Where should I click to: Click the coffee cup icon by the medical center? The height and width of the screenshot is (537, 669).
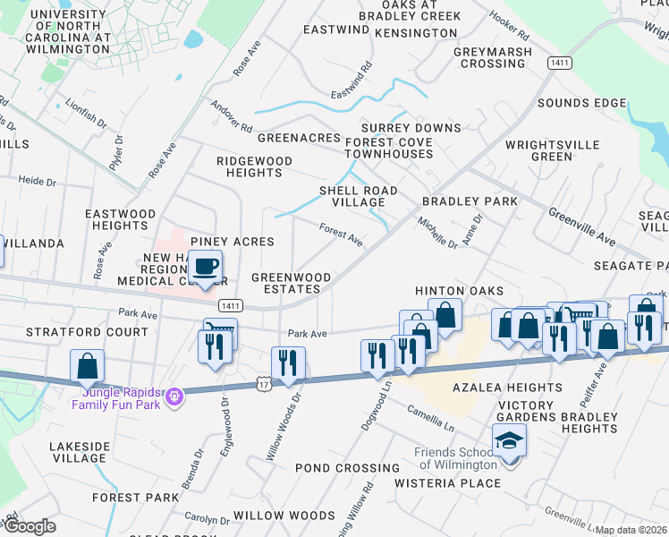[206, 267]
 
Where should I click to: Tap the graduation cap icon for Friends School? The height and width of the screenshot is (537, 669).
[509, 441]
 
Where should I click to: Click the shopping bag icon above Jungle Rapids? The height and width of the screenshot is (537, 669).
[87, 365]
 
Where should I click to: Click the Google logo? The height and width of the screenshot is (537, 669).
[29, 526]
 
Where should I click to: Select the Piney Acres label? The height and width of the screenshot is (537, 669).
[232, 242]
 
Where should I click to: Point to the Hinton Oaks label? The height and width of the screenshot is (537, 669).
[459, 291]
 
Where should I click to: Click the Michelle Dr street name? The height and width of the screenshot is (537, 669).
[438, 232]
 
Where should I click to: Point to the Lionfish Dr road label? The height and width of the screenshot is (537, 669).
[86, 116]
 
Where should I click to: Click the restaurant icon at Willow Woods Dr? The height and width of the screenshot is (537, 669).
[288, 362]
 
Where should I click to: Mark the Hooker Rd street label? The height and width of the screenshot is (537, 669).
[510, 30]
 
